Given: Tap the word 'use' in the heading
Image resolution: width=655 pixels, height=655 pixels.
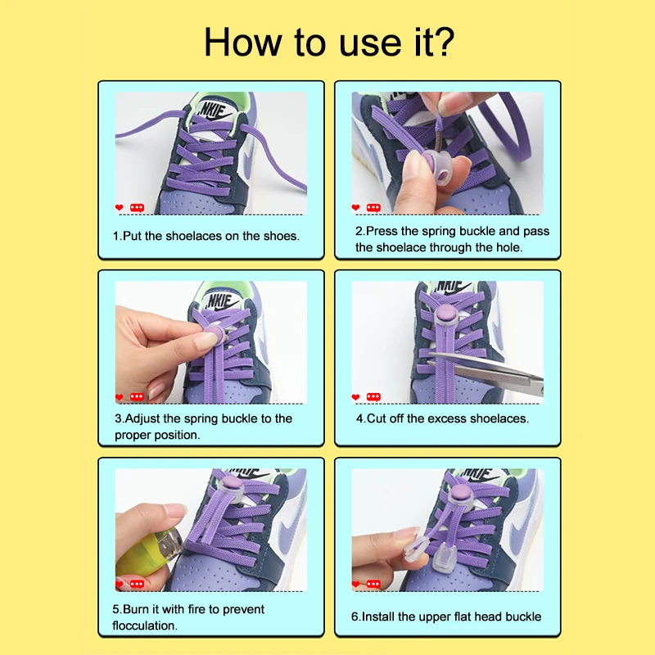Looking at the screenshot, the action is (x=370, y=45).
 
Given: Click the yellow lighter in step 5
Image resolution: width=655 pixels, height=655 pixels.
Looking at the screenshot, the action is (x=147, y=552).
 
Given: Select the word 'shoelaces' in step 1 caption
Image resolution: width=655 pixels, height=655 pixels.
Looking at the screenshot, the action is (x=194, y=236).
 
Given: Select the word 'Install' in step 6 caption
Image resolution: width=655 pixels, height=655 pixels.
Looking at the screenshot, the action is (x=377, y=617).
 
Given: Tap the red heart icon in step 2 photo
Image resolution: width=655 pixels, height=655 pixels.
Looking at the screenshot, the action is (x=355, y=207).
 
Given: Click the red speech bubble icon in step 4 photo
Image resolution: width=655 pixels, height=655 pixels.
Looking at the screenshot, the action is (x=373, y=397).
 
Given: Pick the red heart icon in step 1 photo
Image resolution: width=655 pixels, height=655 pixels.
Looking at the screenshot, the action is (x=119, y=207).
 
